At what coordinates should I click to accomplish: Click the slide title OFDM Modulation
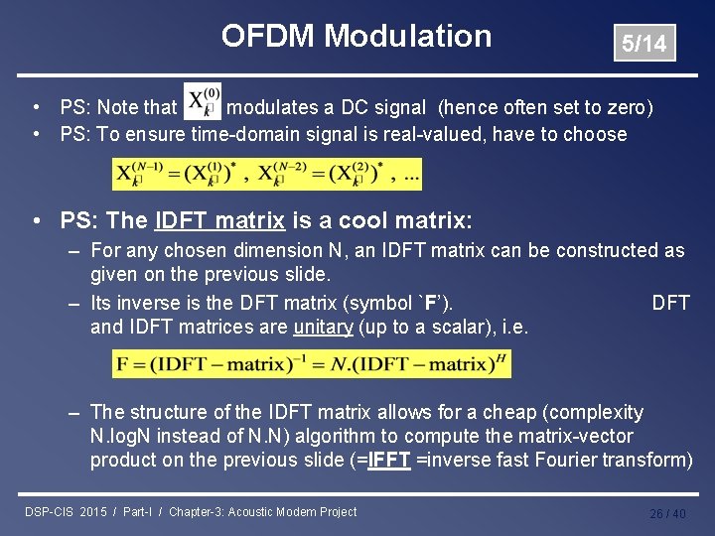(x=356, y=37)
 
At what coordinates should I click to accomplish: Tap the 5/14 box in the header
(x=643, y=44)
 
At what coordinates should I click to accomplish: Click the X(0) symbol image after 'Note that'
(x=204, y=104)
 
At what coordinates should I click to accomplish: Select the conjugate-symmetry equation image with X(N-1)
(x=267, y=175)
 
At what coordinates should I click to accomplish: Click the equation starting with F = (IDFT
(x=311, y=364)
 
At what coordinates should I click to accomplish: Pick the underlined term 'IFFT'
(x=387, y=460)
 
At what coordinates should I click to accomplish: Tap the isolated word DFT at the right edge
(x=670, y=303)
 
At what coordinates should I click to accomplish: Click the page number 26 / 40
(x=667, y=513)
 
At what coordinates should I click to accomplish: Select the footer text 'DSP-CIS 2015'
(x=67, y=512)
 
